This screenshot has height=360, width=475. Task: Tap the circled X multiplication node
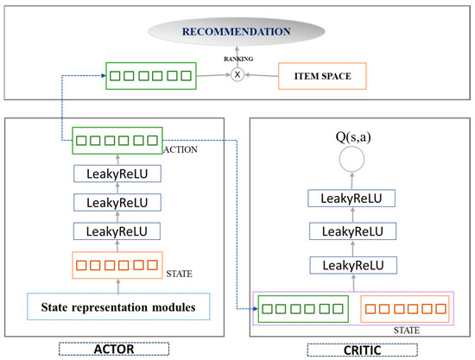[237, 75]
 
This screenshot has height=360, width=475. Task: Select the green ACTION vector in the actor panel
[117, 139]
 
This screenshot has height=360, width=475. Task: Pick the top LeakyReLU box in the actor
[117, 174]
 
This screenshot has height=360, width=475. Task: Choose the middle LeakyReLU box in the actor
[117, 203]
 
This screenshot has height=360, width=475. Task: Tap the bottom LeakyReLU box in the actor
[117, 231]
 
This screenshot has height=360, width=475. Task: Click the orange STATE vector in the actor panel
[117, 265]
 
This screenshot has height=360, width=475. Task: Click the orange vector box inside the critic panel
[404, 307]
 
